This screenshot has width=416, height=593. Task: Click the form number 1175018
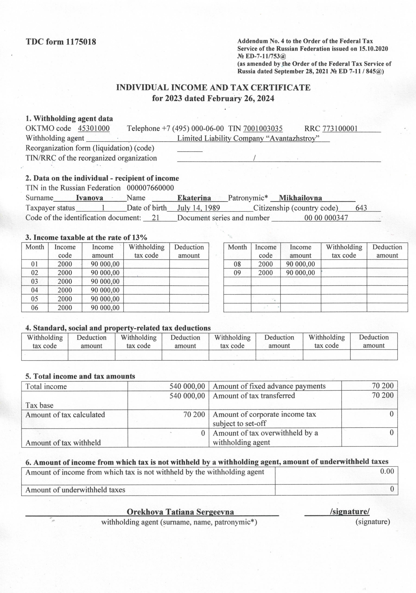click(x=81, y=42)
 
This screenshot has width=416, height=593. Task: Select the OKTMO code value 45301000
click(x=94, y=128)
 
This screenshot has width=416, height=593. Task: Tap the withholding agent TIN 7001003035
click(x=263, y=128)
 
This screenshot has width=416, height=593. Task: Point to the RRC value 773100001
click(x=340, y=128)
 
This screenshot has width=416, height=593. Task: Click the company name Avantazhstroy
click(x=295, y=139)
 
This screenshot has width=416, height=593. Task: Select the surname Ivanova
click(x=89, y=198)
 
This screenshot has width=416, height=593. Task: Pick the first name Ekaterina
click(x=194, y=198)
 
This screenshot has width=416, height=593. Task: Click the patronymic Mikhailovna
click(x=300, y=198)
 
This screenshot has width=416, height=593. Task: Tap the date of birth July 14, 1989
click(x=198, y=208)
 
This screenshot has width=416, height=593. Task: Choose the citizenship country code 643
click(x=361, y=208)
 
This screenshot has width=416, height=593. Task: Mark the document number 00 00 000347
click(x=326, y=218)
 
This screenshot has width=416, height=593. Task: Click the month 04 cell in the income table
click(x=35, y=290)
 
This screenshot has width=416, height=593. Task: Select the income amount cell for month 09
click(x=300, y=273)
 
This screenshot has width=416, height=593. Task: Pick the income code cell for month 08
click(x=265, y=264)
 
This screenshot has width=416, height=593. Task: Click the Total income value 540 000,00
click(x=187, y=386)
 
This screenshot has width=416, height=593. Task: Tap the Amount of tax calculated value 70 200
click(x=194, y=415)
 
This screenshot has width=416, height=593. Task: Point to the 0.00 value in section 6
click(x=387, y=471)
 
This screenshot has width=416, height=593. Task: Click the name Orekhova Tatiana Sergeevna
click(x=180, y=512)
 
